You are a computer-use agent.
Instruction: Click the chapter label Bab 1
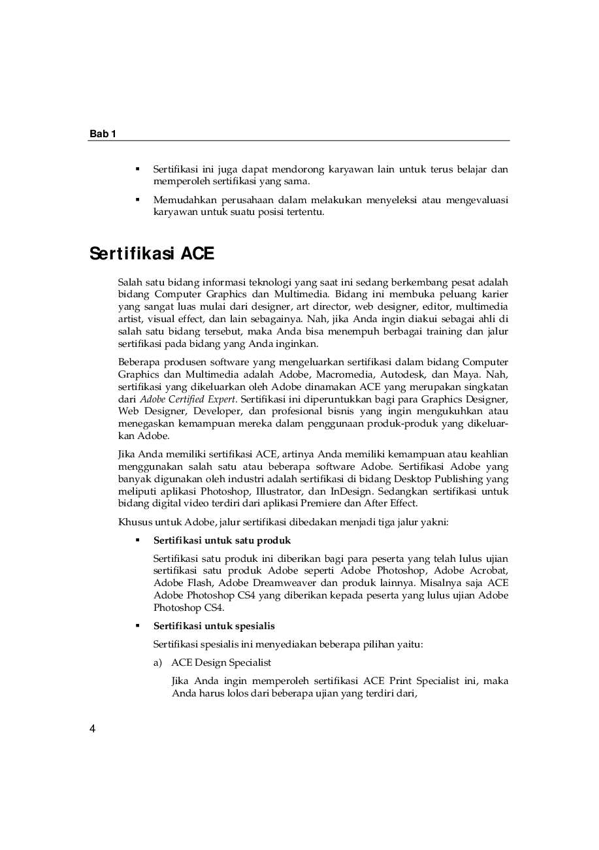pos(103,134)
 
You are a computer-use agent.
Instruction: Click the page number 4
pos(92,729)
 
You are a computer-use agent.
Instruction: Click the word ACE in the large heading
pos(197,253)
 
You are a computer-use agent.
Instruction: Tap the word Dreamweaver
pos(300,583)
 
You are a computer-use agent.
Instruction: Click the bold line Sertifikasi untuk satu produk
pos(222,540)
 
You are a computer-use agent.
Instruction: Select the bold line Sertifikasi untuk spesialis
pos(214,626)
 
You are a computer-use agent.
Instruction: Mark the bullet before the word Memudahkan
pos(138,199)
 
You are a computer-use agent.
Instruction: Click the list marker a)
pos(157,662)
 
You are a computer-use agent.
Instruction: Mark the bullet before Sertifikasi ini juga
pos(138,169)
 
